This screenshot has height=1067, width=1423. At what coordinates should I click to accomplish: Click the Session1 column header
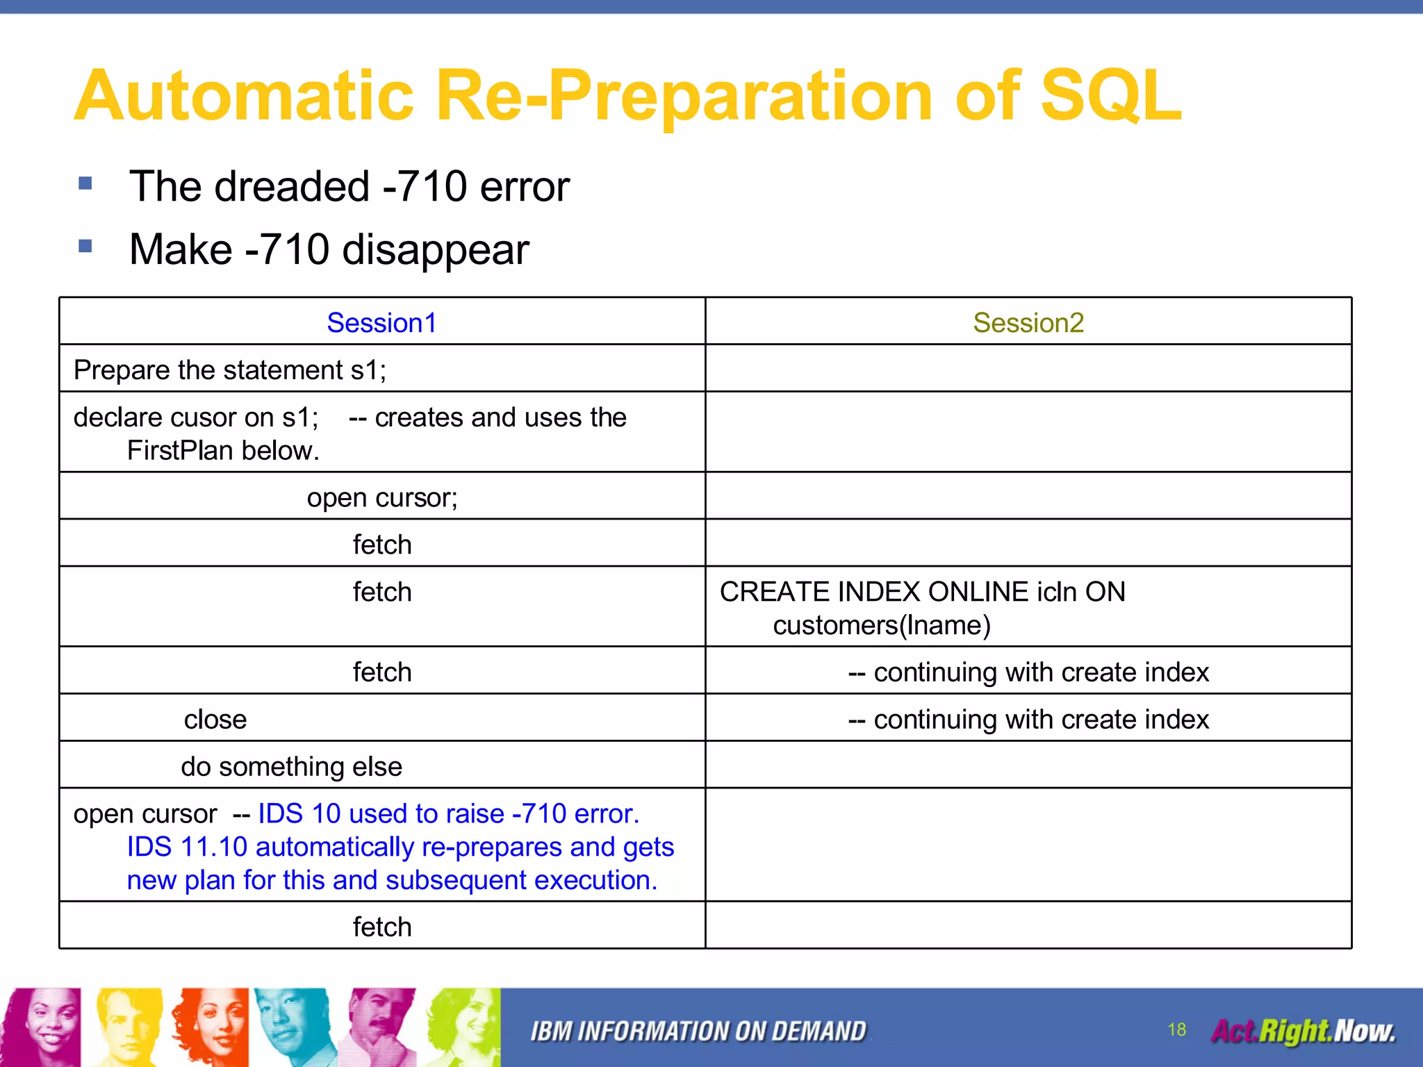pyautogui.click(x=381, y=323)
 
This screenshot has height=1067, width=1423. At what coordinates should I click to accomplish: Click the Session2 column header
pyautogui.click(x=1028, y=323)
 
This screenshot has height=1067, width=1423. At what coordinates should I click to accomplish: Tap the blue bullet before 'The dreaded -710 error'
pyautogui.click(x=85, y=183)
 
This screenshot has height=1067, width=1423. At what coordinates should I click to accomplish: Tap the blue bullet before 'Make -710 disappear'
pyautogui.click(x=85, y=246)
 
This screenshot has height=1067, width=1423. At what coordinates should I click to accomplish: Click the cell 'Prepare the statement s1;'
pyautogui.click(x=230, y=370)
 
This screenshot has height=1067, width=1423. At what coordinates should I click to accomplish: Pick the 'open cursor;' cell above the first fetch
pyautogui.click(x=381, y=497)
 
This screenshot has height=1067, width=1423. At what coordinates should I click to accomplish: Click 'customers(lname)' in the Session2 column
pyautogui.click(x=881, y=625)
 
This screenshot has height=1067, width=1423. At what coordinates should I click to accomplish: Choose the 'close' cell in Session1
pyautogui.click(x=215, y=719)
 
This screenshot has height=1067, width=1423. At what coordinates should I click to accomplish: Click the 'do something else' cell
pyautogui.click(x=291, y=766)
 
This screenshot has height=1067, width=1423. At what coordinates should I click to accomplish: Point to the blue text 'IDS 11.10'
pyautogui.click(x=186, y=847)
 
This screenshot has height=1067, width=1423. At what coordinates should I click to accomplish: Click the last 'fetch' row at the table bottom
pyautogui.click(x=381, y=927)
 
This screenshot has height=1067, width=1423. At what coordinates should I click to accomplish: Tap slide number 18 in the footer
pyautogui.click(x=1176, y=1029)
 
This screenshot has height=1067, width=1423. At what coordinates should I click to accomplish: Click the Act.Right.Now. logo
pyautogui.click(x=1303, y=1031)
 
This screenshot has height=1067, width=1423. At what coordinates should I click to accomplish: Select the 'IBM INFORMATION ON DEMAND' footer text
pyautogui.click(x=698, y=1032)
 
